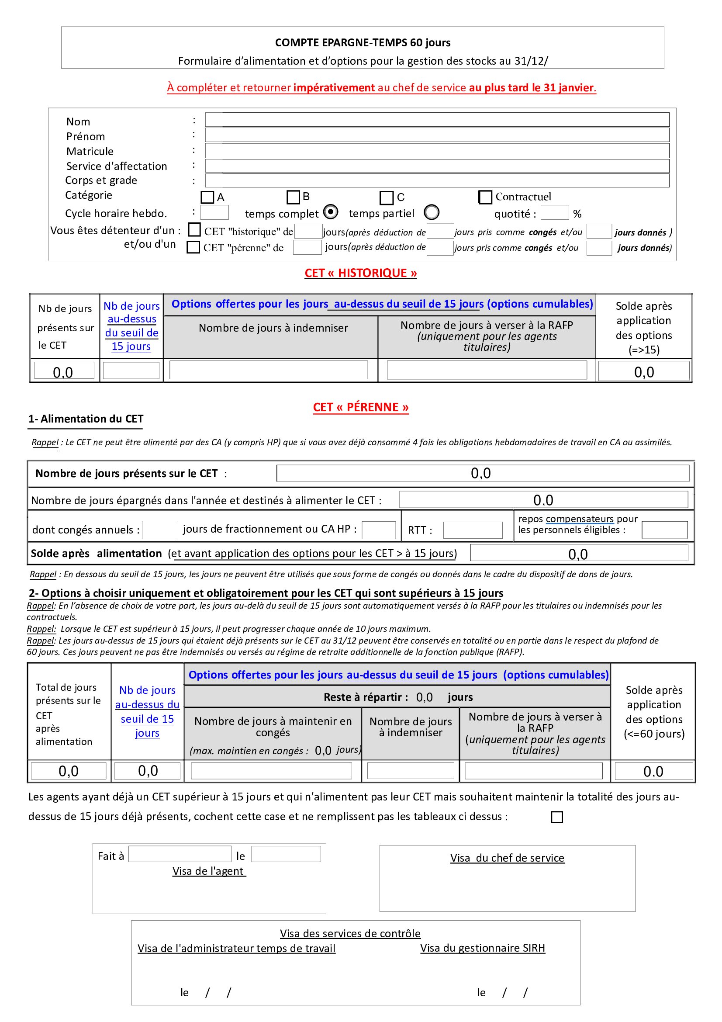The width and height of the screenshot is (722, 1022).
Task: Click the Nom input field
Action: coord(437,119)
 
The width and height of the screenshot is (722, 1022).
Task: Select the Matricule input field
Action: coord(437,150)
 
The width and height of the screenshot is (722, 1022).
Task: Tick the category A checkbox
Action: coord(207,197)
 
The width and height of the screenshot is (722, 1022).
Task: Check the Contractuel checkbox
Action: coord(485,197)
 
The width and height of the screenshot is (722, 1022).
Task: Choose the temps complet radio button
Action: coord(331,212)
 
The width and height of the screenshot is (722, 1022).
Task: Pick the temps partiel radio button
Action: coord(432,212)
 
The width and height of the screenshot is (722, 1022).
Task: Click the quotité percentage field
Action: coord(554,213)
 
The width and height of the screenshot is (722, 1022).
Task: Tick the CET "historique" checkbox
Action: coord(194,230)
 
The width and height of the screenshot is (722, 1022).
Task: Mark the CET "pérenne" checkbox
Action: coord(193,247)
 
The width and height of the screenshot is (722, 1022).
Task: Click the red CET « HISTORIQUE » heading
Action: coord(360,273)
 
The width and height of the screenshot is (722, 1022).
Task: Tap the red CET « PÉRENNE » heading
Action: coord(360,407)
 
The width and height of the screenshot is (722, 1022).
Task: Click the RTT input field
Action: coord(473,530)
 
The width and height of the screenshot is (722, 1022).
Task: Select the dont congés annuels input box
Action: coord(160,530)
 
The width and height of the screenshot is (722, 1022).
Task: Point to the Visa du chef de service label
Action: coord(507,858)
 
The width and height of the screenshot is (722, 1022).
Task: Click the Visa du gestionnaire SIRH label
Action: coord(482,948)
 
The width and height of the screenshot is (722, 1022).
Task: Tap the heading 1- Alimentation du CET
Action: coord(86,419)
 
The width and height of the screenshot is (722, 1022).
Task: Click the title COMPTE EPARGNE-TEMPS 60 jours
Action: coord(363,43)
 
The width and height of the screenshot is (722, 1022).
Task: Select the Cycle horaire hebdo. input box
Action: coord(214,212)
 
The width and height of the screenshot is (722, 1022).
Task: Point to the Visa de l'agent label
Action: coord(209,871)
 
